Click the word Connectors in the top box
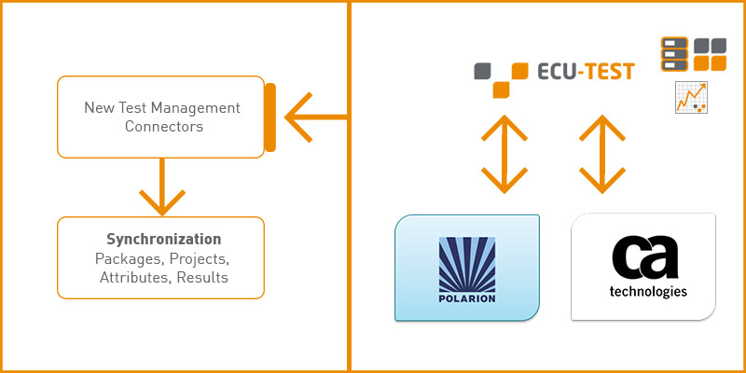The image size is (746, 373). (163, 127)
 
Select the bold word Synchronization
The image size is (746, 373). (163, 239)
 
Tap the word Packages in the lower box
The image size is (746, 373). (128, 258)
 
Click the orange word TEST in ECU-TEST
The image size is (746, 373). (604, 71)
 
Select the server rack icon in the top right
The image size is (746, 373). (674, 54)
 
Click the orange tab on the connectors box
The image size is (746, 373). (269, 117)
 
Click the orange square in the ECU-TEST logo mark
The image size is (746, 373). (502, 89)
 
